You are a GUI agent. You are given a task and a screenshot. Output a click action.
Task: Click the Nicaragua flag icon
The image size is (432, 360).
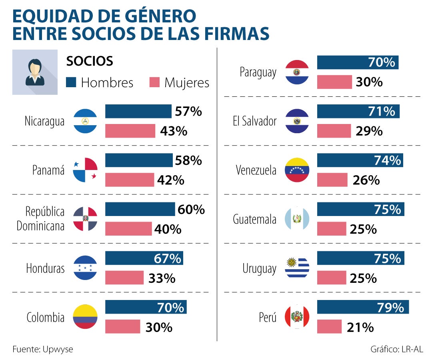(x=85, y=121)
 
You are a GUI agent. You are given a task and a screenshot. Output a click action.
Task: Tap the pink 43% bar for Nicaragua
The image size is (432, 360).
(x=130, y=131)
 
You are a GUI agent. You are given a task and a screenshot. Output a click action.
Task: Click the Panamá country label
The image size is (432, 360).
(x=48, y=170)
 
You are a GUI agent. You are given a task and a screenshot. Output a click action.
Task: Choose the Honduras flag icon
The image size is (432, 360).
(x=85, y=268)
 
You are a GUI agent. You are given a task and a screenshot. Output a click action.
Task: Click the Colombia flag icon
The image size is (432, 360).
(x=85, y=317)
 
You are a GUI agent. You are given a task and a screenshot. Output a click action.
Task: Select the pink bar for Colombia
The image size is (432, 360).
(x=122, y=326)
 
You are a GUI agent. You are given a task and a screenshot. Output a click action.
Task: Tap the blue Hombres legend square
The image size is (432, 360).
(x=71, y=82)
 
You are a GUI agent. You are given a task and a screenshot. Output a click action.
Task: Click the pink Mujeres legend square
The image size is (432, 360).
(x=154, y=82)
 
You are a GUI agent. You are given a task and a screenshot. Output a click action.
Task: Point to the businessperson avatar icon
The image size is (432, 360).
(x=35, y=72)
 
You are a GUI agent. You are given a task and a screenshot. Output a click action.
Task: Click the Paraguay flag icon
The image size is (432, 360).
(x=297, y=72)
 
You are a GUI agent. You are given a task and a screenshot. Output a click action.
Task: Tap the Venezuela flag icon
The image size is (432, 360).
(x=297, y=170)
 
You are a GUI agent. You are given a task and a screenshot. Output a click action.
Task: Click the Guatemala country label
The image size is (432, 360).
(x=254, y=219)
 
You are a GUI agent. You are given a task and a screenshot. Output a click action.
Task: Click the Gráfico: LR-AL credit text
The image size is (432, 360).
(x=396, y=349)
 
